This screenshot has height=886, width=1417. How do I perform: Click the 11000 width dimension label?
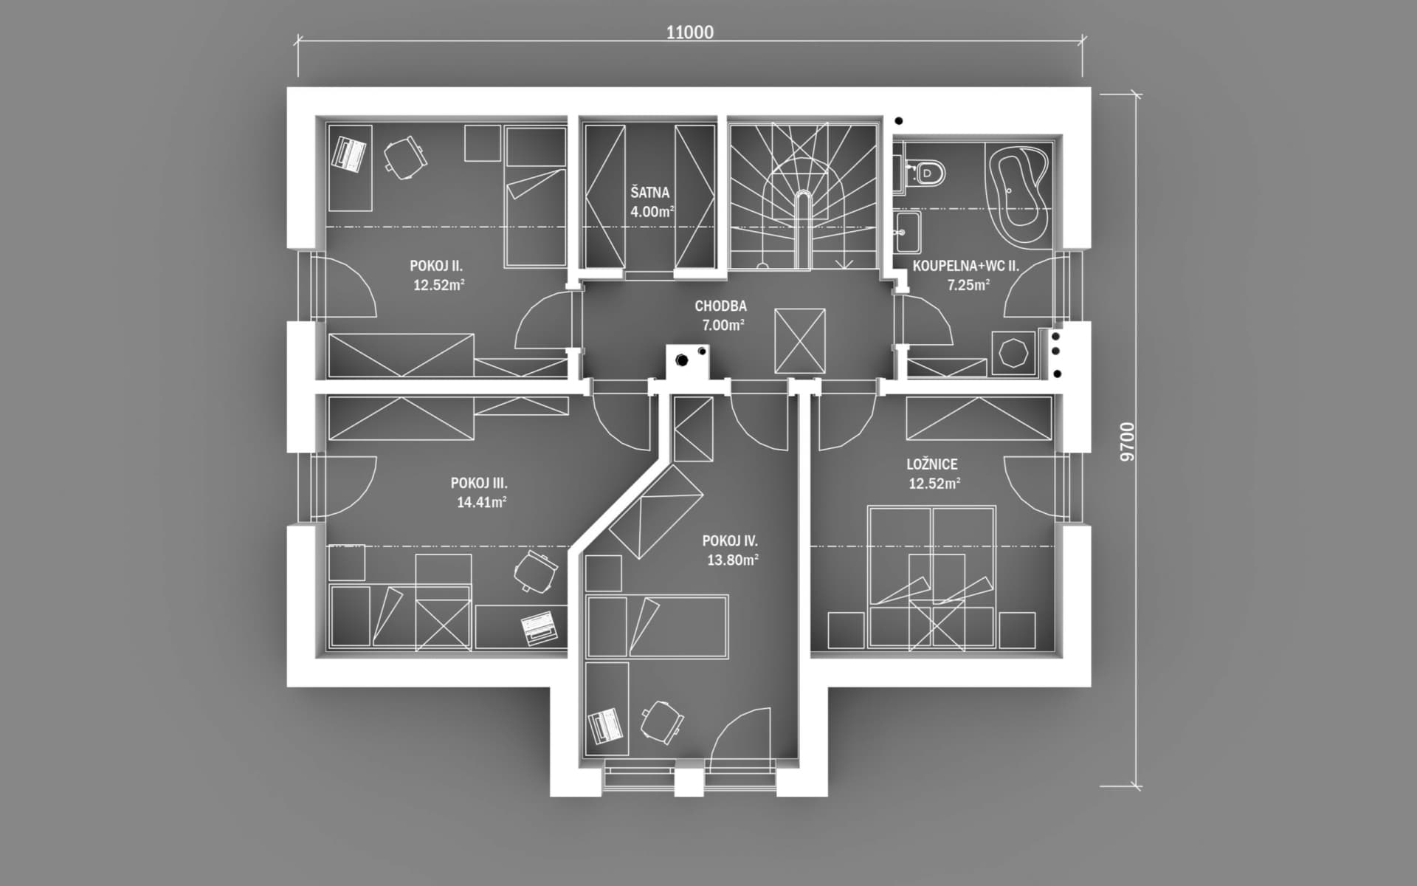pos(689,32)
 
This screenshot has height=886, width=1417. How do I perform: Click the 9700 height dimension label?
pos(1127,442)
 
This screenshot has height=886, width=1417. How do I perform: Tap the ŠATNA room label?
pos(649,193)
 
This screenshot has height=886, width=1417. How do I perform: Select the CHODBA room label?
pos(720,306)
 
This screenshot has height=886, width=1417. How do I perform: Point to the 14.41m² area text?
pos(481,502)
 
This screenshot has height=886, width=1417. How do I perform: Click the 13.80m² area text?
pos(733,560)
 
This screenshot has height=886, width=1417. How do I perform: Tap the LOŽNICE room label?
pos(932,464)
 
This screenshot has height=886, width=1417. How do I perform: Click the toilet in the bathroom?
pos(925,173)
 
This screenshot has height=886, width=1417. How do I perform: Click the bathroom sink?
pos(907,232)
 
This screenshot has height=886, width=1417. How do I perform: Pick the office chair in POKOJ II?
pos(404,158)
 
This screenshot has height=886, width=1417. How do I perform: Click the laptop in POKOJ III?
pos(539,628)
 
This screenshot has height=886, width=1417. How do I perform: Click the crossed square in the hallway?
pos(800,341)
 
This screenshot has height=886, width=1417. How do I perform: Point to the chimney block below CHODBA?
pos(687,362)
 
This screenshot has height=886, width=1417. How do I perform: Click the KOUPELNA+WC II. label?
pos(966,266)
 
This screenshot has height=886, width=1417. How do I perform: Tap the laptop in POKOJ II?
pos(351,153)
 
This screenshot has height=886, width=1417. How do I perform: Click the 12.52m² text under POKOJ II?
pos(439,285)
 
